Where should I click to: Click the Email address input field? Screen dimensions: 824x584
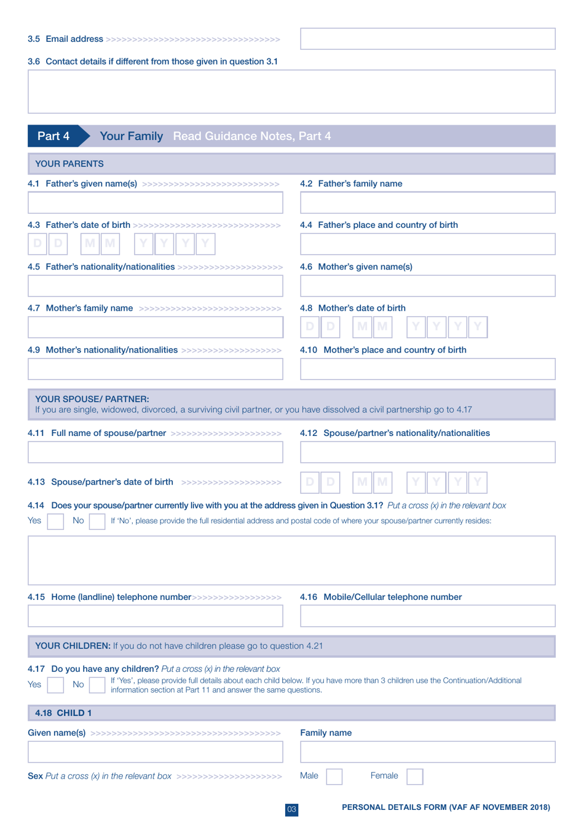(x=427, y=39)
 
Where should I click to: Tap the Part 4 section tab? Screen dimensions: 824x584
(x=54, y=136)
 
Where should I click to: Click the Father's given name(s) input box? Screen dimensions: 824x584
(x=155, y=203)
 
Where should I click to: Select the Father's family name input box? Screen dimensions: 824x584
(x=427, y=203)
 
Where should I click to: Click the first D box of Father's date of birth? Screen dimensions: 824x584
(x=37, y=244)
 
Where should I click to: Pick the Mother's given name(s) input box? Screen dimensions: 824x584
(x=427, y=286)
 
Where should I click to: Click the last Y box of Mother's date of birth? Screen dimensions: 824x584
(x=478, y=327)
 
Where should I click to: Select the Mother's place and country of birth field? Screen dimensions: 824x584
(x=427, y=369)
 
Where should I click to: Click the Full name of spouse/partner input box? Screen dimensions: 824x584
(x=155, y=453)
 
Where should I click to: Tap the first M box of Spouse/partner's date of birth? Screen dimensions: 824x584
(x=362, y=482)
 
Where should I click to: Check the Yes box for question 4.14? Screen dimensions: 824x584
(x=55, y=521)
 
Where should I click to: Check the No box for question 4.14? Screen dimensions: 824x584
(x=97, y=521)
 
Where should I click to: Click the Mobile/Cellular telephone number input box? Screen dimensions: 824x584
(x=427, y=616)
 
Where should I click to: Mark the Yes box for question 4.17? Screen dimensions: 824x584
(x=55, y=685)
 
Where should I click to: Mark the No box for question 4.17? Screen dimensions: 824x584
(x=97, y=685)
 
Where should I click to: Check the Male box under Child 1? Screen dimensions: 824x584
(x=334, y=777)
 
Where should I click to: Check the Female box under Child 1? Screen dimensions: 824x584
(x=415, y=777)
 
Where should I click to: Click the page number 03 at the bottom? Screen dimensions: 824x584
(x=291, y=810)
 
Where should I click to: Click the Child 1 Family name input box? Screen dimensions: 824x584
(x=427, y=752)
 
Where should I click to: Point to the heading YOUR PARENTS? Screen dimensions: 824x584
(x=69, y=164)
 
